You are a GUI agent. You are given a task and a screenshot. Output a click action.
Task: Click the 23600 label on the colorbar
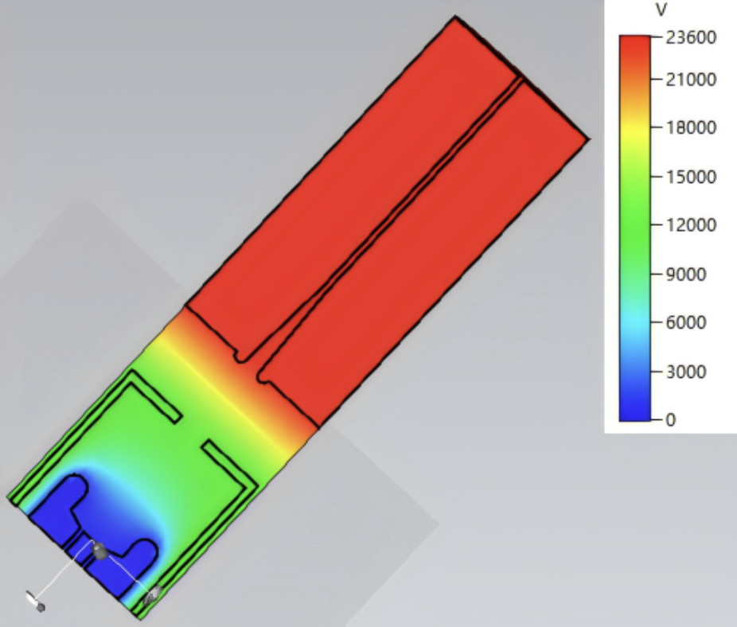[x=691, y=37]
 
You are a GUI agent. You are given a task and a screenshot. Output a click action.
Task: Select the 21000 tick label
[x=691, y=80]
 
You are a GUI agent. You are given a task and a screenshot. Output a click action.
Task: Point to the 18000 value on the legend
[x=691, y=127]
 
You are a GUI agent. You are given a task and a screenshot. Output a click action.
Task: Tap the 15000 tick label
[x=691, y=177]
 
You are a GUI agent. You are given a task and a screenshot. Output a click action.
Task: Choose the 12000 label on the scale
[x=691, y=224]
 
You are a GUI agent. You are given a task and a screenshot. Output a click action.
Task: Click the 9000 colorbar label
[x=686, y=274]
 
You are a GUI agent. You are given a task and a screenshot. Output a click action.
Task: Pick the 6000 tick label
[x=686, y=322]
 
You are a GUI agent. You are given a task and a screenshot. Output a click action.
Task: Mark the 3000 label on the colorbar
[x=686, y=372]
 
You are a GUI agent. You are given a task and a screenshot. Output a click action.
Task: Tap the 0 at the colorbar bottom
[x=671, y=419]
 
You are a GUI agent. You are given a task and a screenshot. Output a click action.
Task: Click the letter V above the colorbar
[x=661, y=10]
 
